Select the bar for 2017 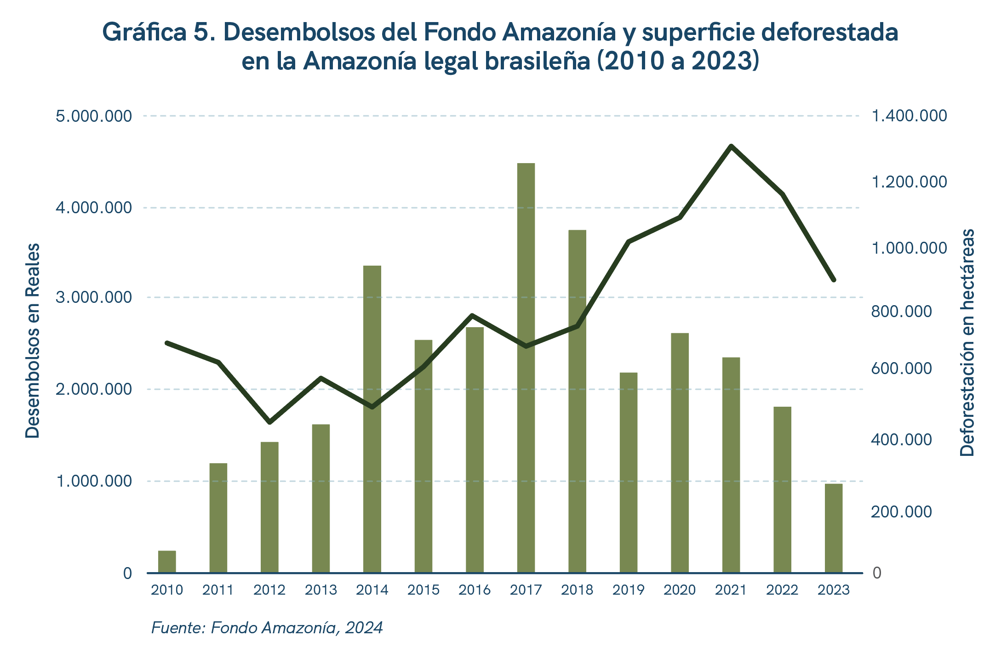(526, 368)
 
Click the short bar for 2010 (167, 562)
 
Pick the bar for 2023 (833, 528)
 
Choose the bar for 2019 (628, 473)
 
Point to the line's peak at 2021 (731, 146)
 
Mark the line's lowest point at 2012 (270, 422)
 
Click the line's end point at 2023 (833, 279)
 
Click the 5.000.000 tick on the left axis (93, 116)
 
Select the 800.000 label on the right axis (901, 312)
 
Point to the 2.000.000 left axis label (93, 389)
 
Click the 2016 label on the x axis (475, 590)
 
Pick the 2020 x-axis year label (680, 590)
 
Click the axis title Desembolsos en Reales (33, 341)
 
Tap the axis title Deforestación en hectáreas (967, 342)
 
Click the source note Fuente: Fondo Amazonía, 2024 (267, 628)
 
